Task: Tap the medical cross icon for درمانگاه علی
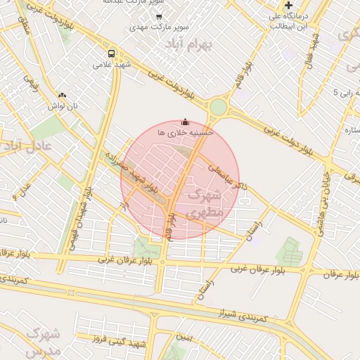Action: coord(288,6)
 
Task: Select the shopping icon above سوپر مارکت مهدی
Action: coord(159,16)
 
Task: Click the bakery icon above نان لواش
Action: coord(62,95)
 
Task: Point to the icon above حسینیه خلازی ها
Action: coord(185,122)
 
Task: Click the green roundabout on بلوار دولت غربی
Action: coord(218,108)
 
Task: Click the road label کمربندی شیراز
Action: coord(243,314)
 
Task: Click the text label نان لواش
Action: coord(63,105)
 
